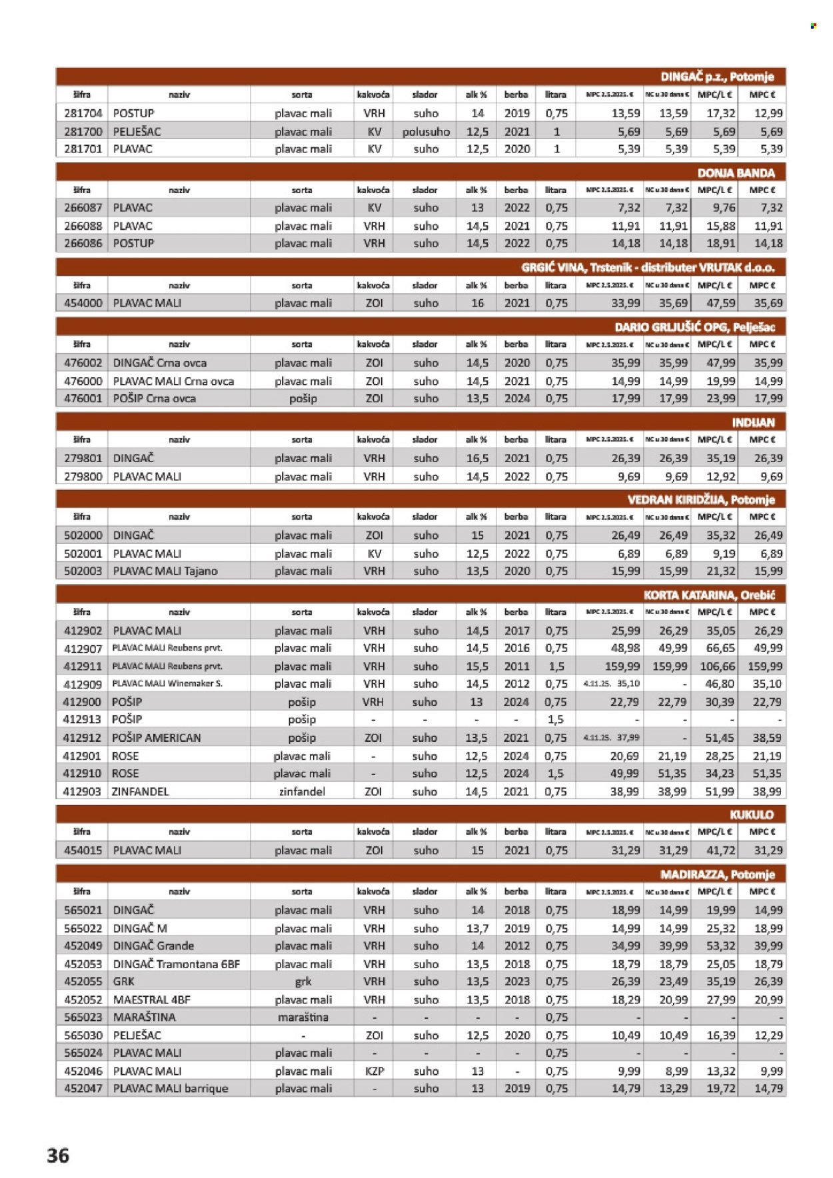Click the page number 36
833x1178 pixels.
pos(58,1155)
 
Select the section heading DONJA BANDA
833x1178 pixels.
pos(736,173)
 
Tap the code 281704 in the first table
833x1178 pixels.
pos(83,113)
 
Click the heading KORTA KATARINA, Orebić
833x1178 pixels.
pos(709,595)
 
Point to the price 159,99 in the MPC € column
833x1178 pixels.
pos(765,666)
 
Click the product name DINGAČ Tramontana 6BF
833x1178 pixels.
pos(176,964)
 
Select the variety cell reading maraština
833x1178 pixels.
pos(303,1017)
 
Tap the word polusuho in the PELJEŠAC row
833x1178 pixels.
pos(426,132)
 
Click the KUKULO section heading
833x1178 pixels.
pos(752,814)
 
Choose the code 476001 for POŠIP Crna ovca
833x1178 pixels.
pos(83,398)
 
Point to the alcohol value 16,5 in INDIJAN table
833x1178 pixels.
pos(477,458)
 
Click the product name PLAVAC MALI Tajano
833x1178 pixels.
pos(165,571)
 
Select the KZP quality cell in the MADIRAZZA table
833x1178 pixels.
pos(374,1071)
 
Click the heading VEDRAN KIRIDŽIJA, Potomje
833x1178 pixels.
pos(701,499)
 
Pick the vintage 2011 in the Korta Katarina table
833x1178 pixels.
pos(516,666)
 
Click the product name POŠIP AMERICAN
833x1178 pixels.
pos(156,737)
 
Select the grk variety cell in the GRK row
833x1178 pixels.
pos(303,981)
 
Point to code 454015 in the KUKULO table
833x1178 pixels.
pos(83,850)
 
